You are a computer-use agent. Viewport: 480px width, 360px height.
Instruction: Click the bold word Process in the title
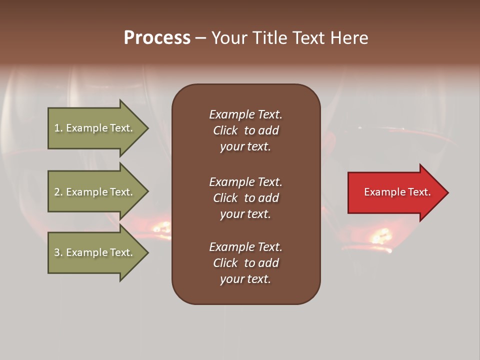(x=157, y=38)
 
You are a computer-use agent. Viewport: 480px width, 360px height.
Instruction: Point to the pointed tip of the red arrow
(x=447, y=192)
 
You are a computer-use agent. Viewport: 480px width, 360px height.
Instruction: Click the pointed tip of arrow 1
(x=147, y=128)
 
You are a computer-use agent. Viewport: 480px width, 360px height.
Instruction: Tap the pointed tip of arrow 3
(x=147, y=252)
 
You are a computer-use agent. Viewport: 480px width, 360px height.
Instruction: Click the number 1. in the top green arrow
(x=58, y=128)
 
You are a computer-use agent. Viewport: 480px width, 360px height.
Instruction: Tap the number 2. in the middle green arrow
(x=58, y=192)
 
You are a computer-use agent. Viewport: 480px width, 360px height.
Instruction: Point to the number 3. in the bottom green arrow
(x=58, y=252)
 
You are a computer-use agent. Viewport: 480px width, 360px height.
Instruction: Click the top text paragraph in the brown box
(x=245, y=130)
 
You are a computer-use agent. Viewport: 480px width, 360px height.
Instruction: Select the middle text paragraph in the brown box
(x=245, y=197)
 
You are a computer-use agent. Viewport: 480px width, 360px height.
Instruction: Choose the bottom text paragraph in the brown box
(x=245, y=263)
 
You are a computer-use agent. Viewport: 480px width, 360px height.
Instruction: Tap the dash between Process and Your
(x=200, y=38)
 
